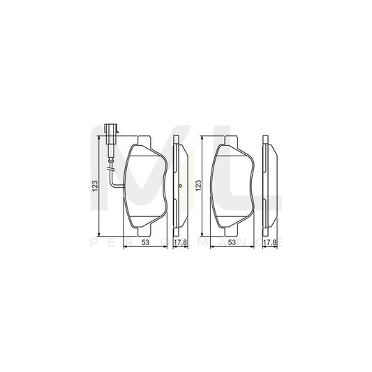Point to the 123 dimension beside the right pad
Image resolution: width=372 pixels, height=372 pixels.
point(198,186)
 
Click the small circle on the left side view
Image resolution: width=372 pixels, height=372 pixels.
point(180,186)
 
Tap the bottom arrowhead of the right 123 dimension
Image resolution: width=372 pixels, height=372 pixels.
point(203,232)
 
